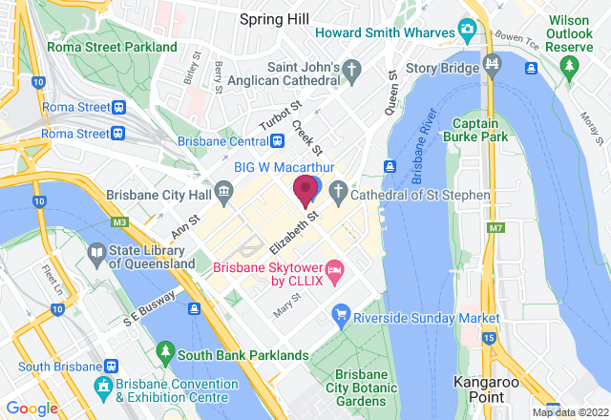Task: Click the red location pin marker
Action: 305,189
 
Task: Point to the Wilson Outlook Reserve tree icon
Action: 570,66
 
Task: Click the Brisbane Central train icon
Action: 277,141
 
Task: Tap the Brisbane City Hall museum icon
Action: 223,195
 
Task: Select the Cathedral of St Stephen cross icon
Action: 339,195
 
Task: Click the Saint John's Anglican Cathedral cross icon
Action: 352,71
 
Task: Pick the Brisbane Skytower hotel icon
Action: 334,273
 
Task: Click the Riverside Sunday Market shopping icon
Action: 340,316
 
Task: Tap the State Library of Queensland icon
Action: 96,255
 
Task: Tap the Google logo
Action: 32,409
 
